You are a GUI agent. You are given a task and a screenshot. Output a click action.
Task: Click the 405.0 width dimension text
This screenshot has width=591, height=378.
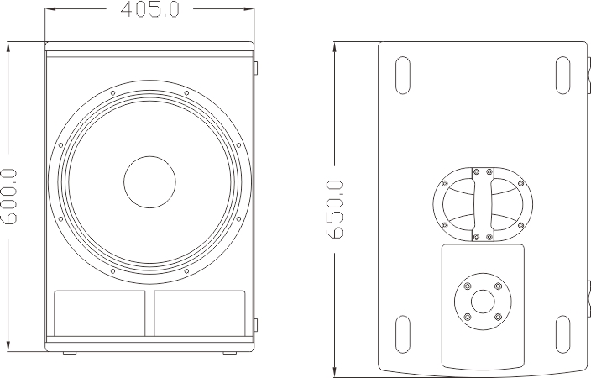pos(150,10)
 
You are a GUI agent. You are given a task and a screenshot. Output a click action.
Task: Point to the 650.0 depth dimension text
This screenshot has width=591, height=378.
pos(334,208)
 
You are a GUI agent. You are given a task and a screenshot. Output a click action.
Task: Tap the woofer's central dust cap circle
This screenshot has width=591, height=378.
pos(150,183)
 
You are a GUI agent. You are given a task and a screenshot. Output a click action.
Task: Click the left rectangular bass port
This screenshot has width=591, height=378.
pos(101,312)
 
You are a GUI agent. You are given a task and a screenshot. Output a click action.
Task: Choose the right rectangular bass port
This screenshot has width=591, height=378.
pos(200,312)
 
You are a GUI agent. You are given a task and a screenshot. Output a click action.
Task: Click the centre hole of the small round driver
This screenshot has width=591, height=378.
pos(482,301)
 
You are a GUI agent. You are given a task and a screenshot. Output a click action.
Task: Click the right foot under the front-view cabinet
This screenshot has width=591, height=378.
pos(229,352)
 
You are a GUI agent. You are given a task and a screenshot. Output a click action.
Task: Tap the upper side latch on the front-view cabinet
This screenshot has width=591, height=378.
pos(257,66)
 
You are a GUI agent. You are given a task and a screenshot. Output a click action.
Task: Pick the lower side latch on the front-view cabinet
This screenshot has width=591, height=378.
pos(257,323)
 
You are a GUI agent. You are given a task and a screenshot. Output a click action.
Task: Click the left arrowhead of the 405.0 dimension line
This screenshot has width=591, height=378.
pos(48,9)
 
